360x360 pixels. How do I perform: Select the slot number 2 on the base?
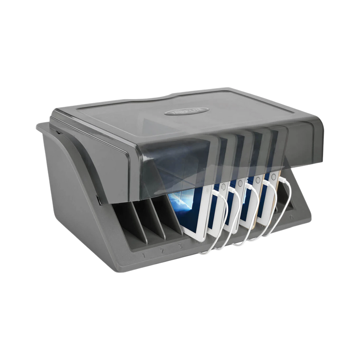pos(162,251)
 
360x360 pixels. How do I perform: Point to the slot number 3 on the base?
pos(180,246)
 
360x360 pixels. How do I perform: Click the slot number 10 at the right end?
pos(291,217)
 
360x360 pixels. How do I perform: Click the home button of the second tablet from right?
pos(258,180)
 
